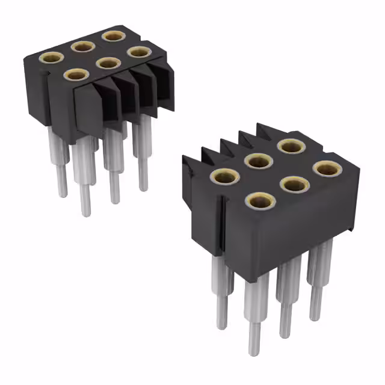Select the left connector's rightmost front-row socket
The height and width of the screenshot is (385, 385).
tap(140, 52)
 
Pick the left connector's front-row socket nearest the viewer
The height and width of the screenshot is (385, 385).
tap(76, 75)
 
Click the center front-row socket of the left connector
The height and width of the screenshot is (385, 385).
tap(108, 63)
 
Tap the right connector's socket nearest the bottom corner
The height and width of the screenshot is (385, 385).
tap(260, 200)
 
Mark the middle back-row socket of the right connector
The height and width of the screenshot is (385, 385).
tap(257, 161)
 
